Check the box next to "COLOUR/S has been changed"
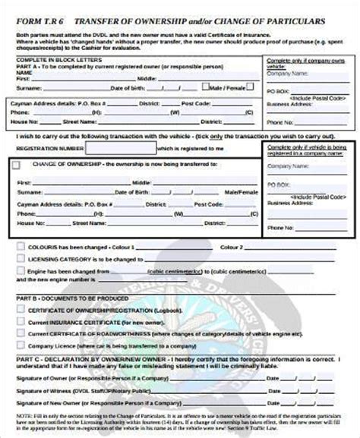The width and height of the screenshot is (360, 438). click(x=17, y=247)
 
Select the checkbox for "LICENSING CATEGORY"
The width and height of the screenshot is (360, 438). click(x=17, y=259)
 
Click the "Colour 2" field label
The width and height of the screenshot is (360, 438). click(x=231, y=247)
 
